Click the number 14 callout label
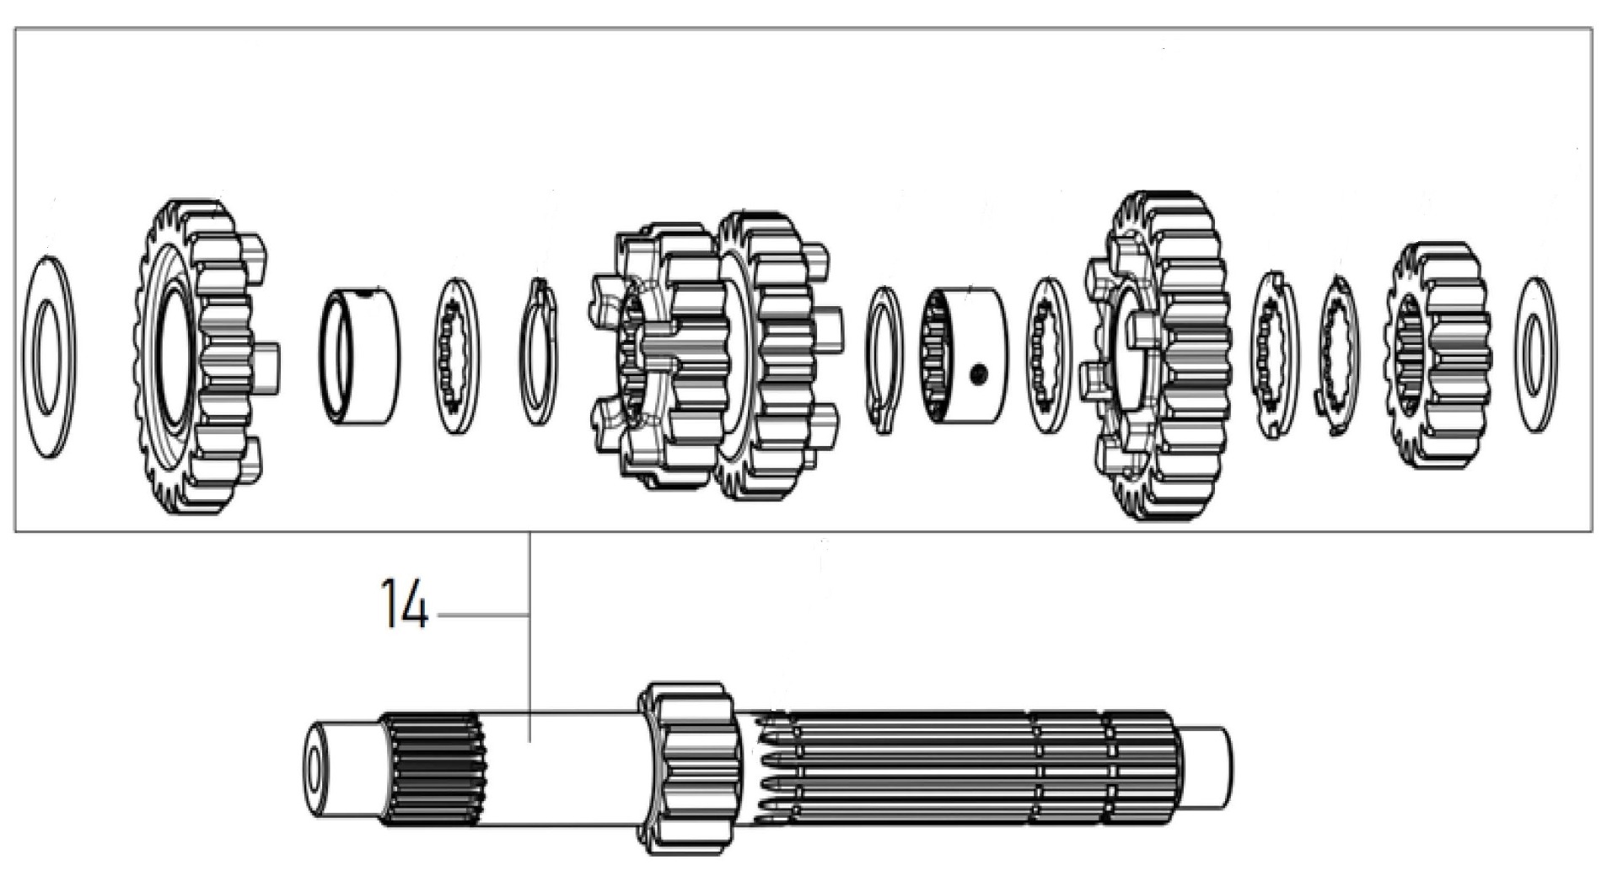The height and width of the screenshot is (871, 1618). (x=405, y=604)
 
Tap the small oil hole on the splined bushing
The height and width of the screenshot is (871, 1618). (x=977, y=374)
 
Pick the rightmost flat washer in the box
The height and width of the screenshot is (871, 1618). (x=1536, y=355)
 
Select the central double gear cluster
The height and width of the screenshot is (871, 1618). (x=712, y=355)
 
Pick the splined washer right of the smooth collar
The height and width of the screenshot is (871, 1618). (x=456, y=356)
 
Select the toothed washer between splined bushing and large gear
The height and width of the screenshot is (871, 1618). (x=1048, y=355)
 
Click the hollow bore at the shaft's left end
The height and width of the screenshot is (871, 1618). (x=314, y=768)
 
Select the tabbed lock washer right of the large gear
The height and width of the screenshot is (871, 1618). (x=1273, y=355)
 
